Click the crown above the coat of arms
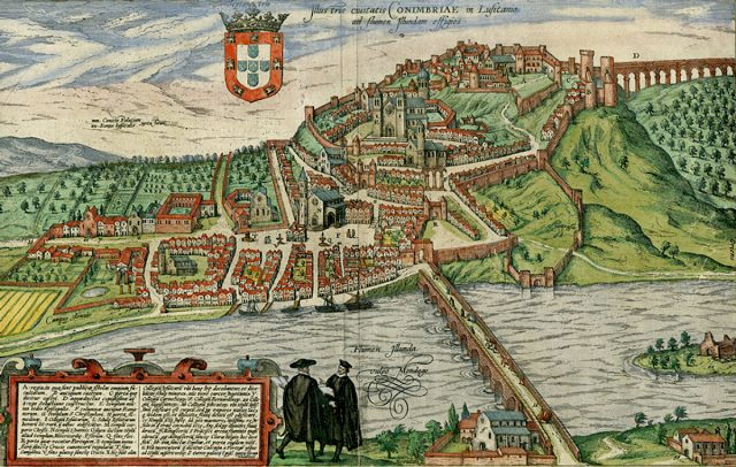tap(253, 20)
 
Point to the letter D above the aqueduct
tap(636, 55)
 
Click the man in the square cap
tap(343, 399)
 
